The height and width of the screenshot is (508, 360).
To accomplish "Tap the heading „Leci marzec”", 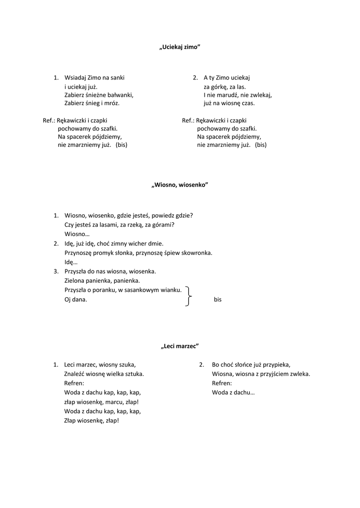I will (x=180, y=346).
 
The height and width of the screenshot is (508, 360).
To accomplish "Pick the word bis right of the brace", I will (x=217, y=300).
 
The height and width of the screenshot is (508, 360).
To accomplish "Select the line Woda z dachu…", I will (x=233, y=392).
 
